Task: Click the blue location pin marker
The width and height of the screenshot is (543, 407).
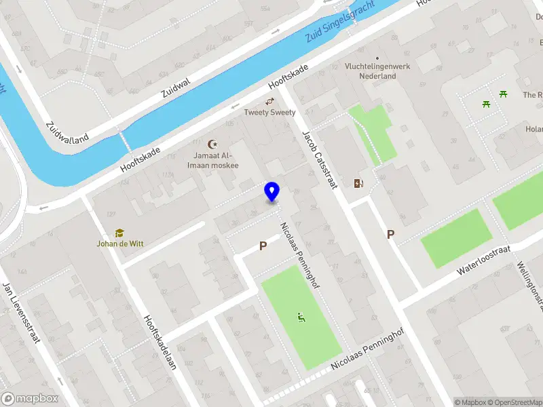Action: (x=272, y=192)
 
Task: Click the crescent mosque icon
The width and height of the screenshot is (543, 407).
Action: (x=213, y=144)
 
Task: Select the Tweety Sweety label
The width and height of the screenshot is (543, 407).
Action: (x=269, y=113)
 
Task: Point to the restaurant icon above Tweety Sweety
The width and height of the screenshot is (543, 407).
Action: (x=269, y=101)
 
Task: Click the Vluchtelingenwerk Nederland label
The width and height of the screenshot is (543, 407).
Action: (x=370, y=71)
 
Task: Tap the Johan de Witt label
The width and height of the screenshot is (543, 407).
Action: (x=119, y=243)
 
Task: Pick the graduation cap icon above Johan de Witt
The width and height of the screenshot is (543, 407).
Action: (x=119, y=232)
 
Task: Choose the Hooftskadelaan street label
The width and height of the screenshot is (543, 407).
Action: (x=161, y=341)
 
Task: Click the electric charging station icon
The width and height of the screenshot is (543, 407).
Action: (x=358, y=183)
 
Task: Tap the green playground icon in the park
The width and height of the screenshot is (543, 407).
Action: (x=300, y=317)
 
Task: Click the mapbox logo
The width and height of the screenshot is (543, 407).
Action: (x=30, y=399)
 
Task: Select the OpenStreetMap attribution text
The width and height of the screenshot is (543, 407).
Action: (x=513, y=402)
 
